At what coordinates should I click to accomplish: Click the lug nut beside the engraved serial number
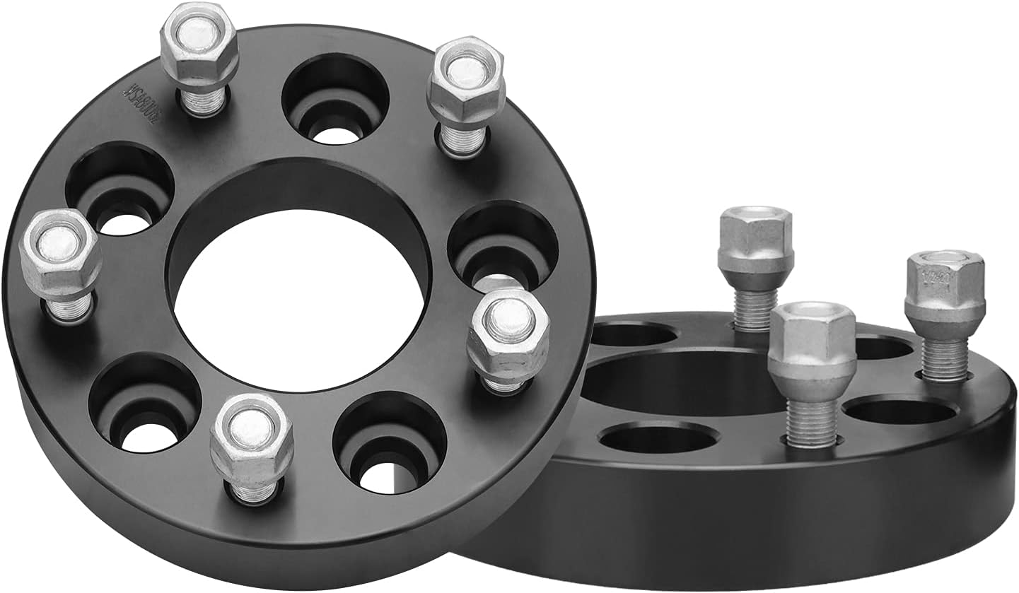(x=199, y=49)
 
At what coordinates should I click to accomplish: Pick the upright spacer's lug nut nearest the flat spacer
(x=508, y=332)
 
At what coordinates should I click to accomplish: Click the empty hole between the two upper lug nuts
(x=335, y=100)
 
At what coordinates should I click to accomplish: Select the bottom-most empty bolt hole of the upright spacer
(x=389, y=442)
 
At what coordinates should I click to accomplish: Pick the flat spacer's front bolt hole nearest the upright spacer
(x=658, y=438)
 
